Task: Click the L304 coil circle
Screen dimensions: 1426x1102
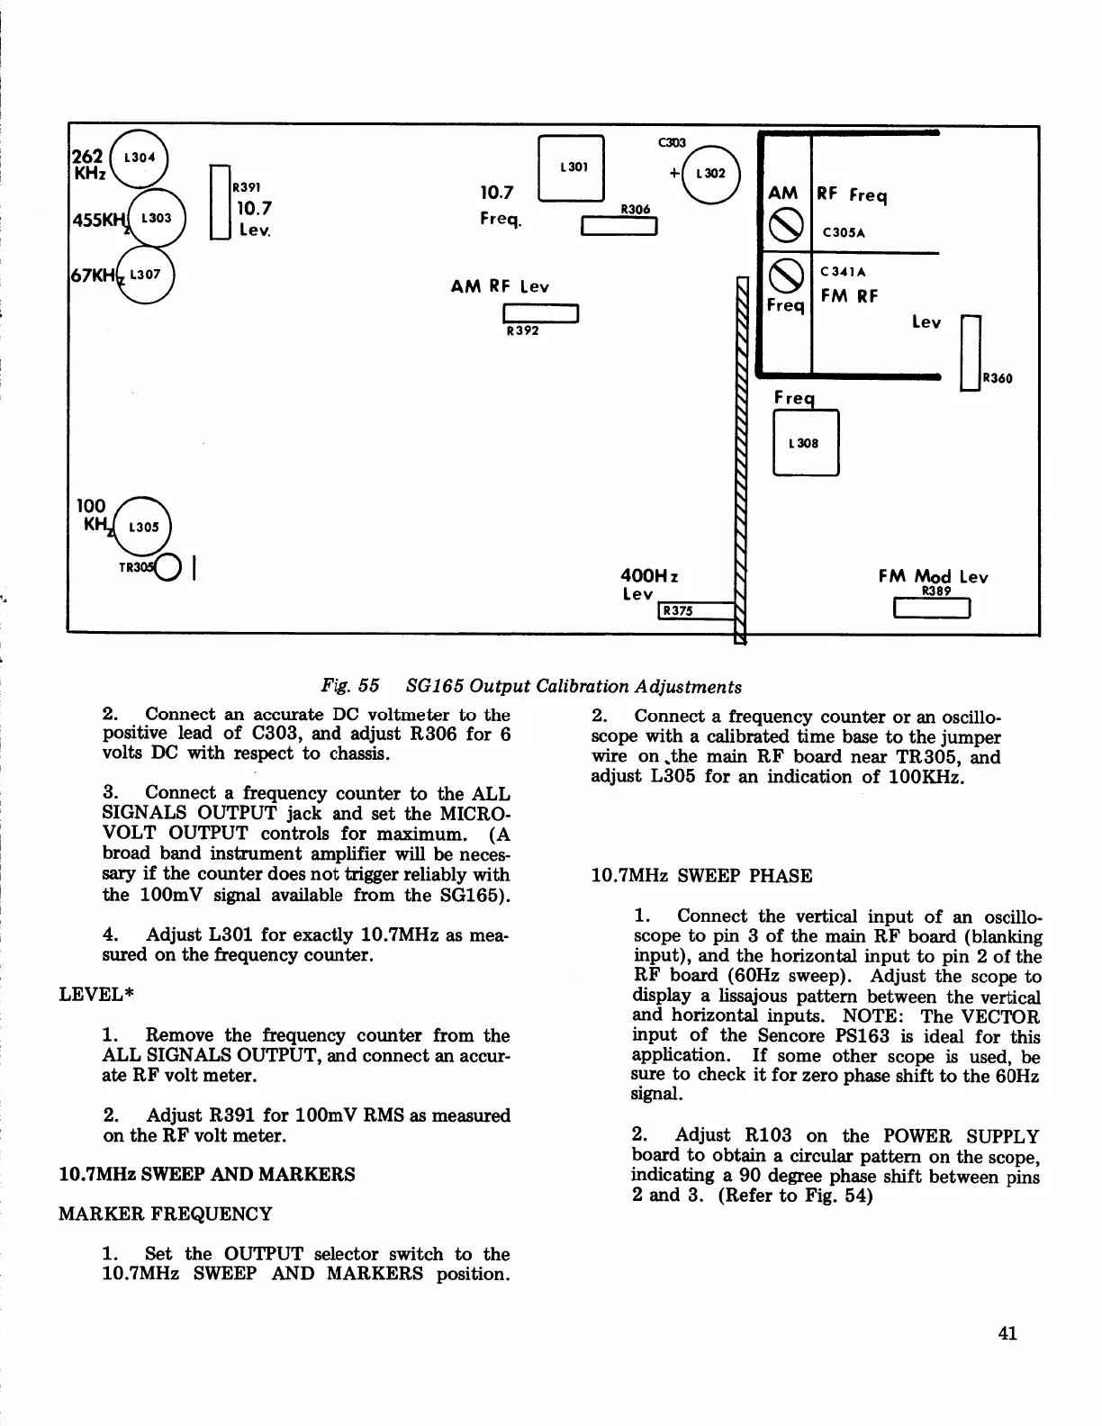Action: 140,158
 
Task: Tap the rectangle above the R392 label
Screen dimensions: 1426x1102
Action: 540,313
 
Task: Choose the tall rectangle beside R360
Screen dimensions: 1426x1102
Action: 971,353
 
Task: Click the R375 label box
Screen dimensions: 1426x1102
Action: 676,611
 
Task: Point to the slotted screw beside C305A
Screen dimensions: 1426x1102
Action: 784,224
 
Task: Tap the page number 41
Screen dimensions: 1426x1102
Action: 1007,1332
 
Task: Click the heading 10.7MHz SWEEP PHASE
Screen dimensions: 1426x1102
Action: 700,876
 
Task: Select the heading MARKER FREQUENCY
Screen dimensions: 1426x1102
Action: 165,1214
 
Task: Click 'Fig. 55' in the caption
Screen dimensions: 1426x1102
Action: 350,686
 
